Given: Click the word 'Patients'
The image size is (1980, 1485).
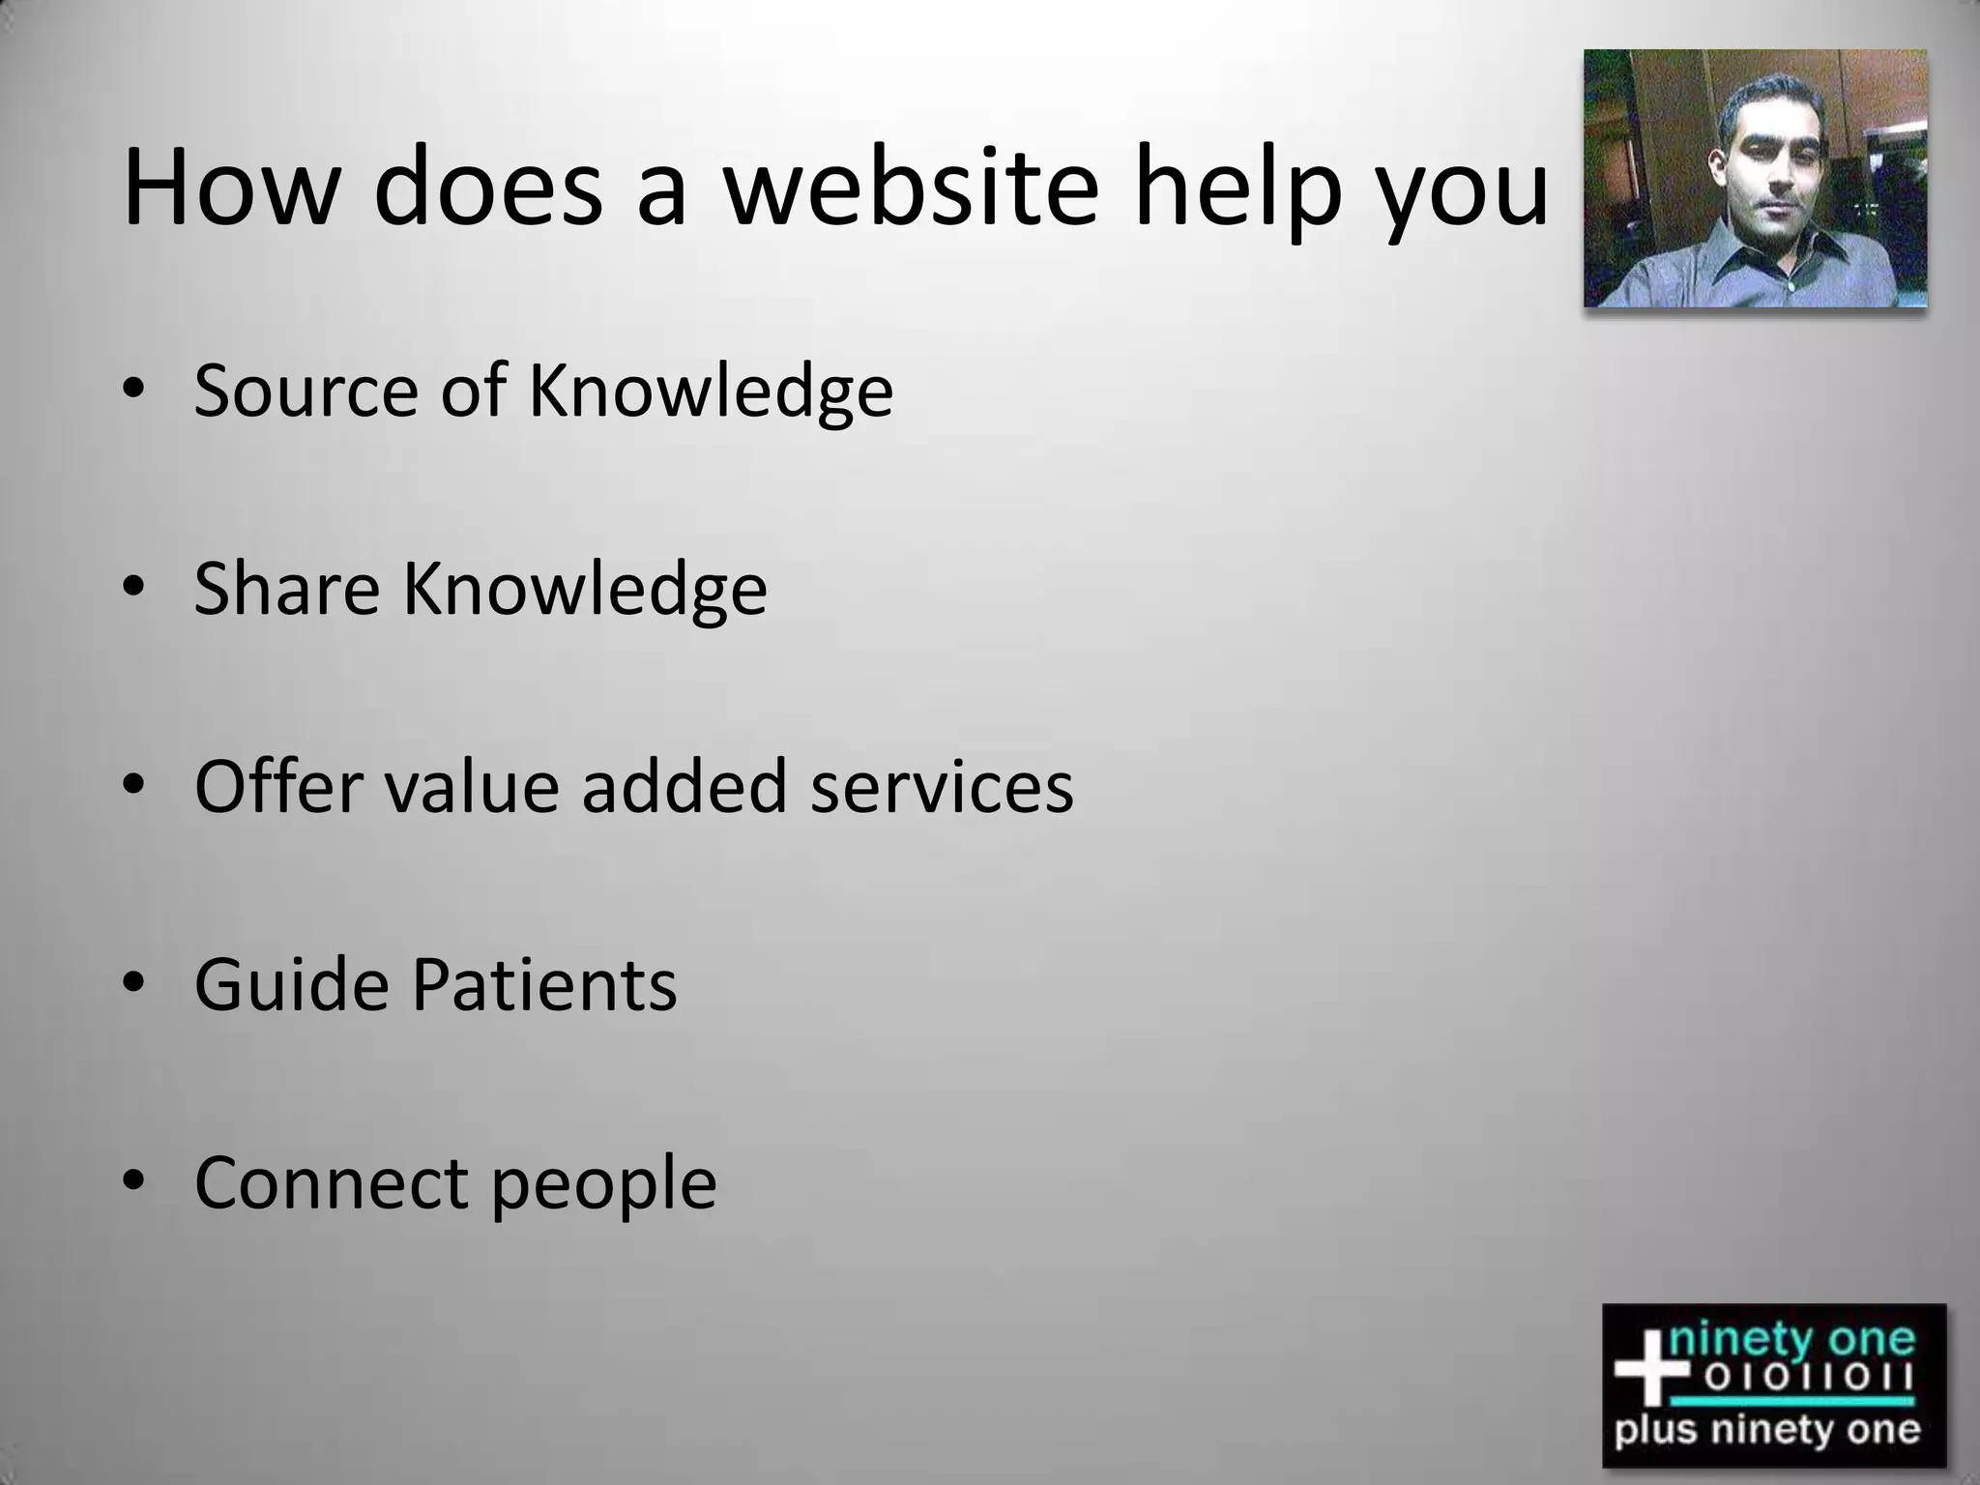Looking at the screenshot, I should click(x=544, y=984).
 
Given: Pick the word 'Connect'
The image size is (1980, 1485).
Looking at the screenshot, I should click(x=332, y=1182).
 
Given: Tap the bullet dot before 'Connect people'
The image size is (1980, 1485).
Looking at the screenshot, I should click(x=133, y=1181).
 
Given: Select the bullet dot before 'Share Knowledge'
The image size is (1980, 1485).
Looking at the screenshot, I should click(x=133, y=588).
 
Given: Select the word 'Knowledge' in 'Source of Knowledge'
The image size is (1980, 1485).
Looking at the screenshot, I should click(x=711, y=392).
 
